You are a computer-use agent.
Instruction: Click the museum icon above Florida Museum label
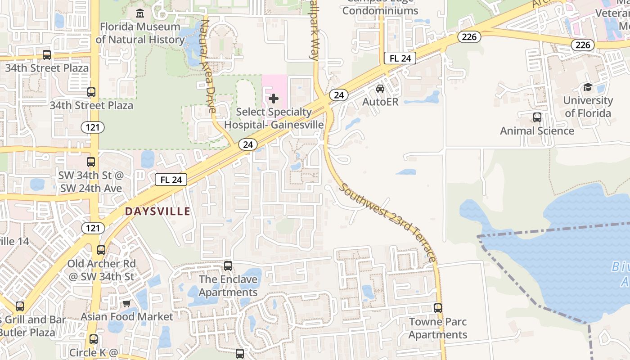140,13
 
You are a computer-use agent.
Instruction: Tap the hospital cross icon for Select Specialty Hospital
274,99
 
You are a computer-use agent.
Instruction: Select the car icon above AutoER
380,89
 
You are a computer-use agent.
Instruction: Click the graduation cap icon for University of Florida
588,87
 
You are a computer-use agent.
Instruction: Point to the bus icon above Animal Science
537,117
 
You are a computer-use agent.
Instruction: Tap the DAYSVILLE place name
157,211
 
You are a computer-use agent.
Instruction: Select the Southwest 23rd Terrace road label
387,222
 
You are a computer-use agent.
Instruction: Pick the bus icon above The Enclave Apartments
228,266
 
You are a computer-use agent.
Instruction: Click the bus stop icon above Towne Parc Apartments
438,308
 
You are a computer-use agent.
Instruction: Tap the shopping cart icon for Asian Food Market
126,304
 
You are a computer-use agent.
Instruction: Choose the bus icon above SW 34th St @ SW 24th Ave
91,162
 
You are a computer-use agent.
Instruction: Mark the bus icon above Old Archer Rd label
101,250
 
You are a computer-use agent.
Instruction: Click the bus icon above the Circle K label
93,339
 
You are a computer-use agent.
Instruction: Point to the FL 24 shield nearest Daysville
171,180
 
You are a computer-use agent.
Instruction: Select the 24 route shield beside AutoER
339,95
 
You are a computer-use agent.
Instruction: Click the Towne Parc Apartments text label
438,328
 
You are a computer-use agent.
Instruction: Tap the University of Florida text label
588,107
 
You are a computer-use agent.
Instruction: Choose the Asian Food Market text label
127,317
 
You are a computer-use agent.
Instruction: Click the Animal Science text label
537,131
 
